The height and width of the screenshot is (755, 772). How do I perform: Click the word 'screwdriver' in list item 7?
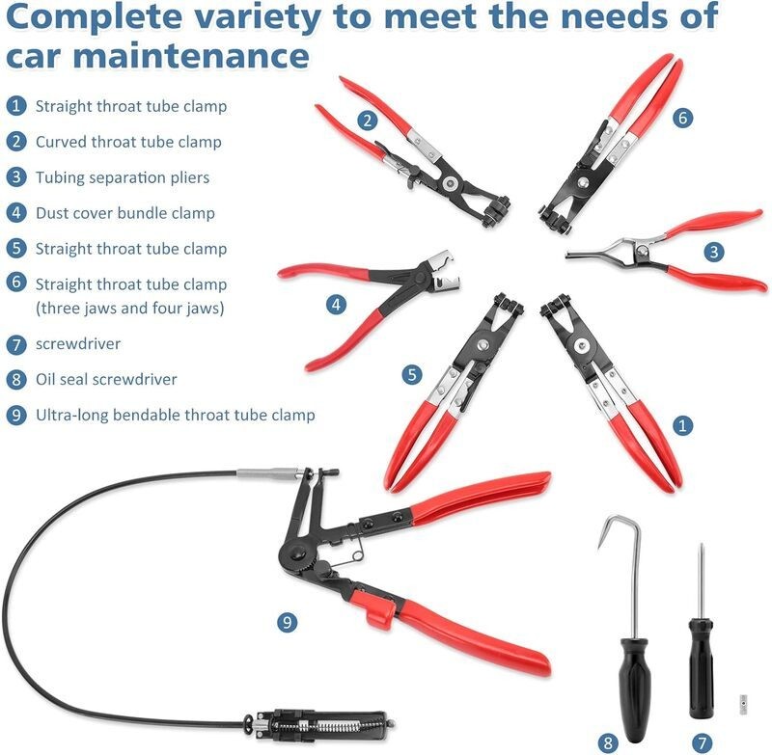tap(78, 343)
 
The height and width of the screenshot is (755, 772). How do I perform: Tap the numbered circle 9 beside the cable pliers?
tap(287, 622)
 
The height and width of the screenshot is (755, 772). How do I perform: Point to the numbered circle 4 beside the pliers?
tap(336, 304)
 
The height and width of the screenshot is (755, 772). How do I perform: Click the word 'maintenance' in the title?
tap(191, 55)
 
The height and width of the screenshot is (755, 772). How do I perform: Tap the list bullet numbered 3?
tap(16, 177)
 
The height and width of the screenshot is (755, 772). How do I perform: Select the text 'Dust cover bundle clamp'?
tap(125, 213)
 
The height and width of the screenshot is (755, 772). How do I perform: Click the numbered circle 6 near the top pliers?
tap(682, 118)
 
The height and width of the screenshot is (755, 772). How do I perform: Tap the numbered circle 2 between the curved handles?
tap(368, 120)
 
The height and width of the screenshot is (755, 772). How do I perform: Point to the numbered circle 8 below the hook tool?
tap(608, 742)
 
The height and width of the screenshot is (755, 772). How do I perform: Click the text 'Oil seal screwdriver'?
tap(106, 379)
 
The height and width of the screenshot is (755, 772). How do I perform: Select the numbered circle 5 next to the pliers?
tap(412, 374)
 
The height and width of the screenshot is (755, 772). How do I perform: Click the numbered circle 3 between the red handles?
tap(714, 252)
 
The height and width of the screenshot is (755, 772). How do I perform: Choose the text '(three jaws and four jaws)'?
tap(129, 308)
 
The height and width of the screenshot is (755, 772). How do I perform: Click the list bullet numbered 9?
tap(16, 415)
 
